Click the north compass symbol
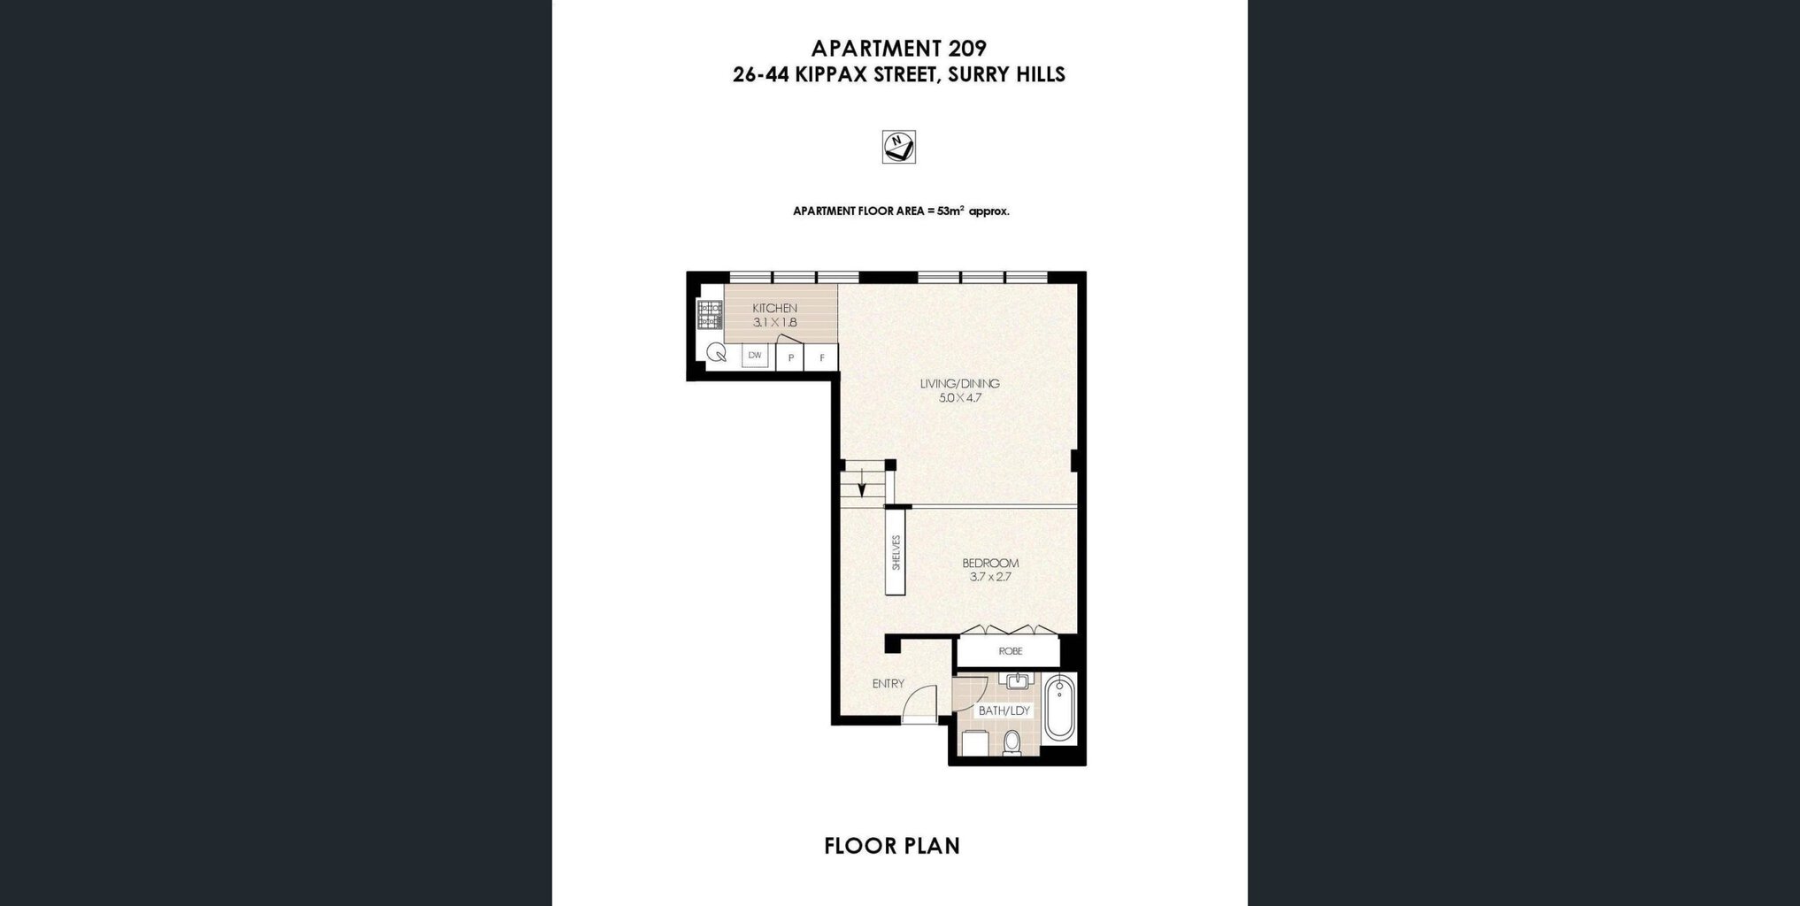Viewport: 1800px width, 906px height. (x=898, y=147)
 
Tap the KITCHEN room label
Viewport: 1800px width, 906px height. (x=774, y=308)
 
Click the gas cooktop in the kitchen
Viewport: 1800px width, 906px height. (x=710, y=315)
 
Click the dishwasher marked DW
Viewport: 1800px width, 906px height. (x=755, y=356)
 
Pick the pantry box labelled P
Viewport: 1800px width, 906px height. (x=790, y=357)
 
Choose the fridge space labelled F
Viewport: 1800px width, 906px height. (x=822, y=357)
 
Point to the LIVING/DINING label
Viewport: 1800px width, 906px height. (x=959, y=384)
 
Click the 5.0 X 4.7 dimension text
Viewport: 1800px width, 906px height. (x=960, y=398)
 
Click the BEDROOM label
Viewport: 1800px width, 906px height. (x=990, y=563)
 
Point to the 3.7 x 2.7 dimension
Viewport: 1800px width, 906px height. (x=990, y=577)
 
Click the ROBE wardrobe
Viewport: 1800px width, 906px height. (x=1010, y=651)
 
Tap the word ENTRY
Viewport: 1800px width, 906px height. (x=888, y=683)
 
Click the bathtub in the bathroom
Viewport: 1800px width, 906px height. (x=1059, y=708)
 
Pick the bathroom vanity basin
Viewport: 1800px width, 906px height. (x=1016, y=680)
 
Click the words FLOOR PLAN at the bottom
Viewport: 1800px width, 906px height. (x=892, y=846)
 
